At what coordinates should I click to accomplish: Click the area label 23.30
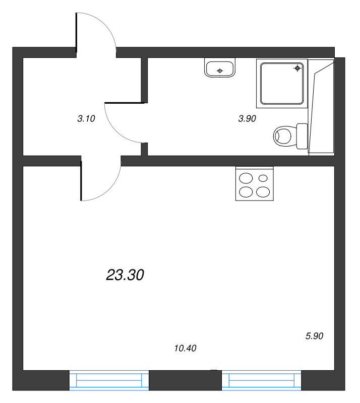tap(126, 275)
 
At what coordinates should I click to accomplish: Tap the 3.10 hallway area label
tap(86, 119)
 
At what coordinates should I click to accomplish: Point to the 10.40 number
tap(185, 348)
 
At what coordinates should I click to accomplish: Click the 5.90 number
tap(314, 336)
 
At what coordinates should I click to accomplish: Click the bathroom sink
tap(220, 68)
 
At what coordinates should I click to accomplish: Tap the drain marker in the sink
tap(220, 71)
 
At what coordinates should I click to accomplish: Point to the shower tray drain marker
tap(297, 68)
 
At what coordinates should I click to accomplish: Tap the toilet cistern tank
tap(302, 136)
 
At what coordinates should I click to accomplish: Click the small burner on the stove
tap(263, 178)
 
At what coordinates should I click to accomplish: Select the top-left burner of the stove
tap(246, 178)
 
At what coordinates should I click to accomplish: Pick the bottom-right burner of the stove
tap(263, 191)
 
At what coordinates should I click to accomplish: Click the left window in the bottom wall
tap(109, 380)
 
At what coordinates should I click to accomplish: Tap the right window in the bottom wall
tap(261, 380)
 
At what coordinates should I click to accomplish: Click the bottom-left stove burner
tap(246, 191)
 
